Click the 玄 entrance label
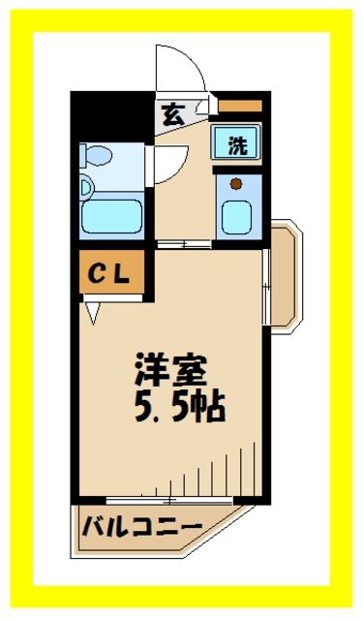click(172, 114)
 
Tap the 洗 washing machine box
click(236, 145)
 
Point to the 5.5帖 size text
click(179, 406)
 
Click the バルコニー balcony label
click(140, 528)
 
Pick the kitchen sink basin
click(236, 214)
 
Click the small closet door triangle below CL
click(92, 311)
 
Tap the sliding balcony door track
click(169, 501)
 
